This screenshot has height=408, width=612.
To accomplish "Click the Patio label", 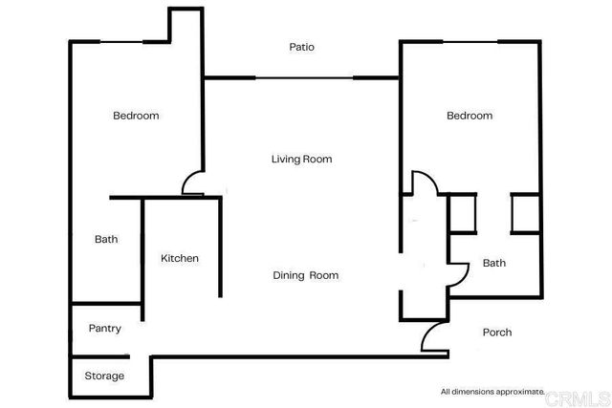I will coord(302,47).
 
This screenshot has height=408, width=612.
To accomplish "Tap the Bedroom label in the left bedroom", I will coord(136,116).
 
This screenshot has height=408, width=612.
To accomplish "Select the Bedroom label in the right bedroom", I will coord(470,116).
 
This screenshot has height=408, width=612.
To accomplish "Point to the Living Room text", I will coord(301,160).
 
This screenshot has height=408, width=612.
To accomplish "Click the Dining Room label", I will coord(306,275).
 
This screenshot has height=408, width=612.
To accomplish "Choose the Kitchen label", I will coord(180,259).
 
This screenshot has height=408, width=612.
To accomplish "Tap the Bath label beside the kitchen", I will coord(106,239).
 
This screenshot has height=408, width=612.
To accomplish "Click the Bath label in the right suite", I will coord(493,263).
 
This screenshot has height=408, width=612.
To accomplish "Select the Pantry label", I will coord(104,329).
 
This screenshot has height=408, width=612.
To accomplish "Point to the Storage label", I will coord(104,376).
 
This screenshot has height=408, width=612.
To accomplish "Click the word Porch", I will coord(497,333).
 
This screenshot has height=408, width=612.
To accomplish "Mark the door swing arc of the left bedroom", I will coord(191,182).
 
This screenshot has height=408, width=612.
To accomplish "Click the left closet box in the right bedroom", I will coord(462,213).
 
